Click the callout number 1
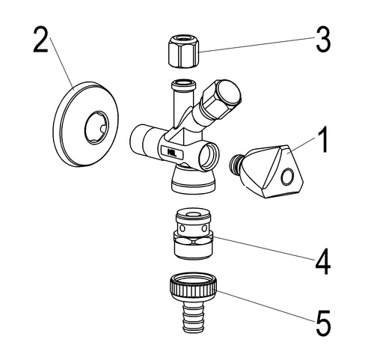coord(322,139)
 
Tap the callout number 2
coord(40,40)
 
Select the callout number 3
coord(323,40)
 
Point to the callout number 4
coord(323,262)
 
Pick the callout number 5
coord(324,323)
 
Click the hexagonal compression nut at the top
coord(183,51)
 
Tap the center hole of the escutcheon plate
coord(96,128)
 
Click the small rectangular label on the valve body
coord(172,152)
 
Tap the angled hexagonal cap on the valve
coord(222,99)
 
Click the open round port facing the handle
coord(209,156)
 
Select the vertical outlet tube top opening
coord(183,83)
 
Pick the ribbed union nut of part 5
coord(193,287)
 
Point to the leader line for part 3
coord(257,45)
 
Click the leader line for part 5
coord(265,306)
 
